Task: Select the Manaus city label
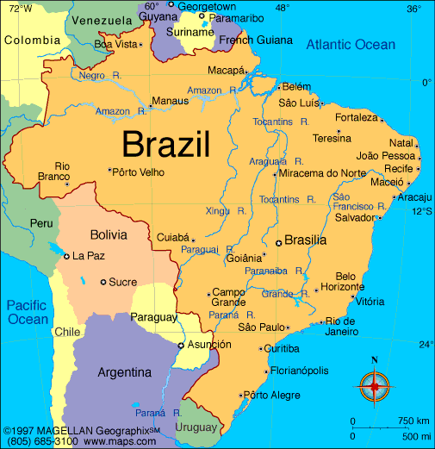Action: [x=170, y=102]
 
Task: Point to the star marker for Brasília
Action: [x=278, y=243]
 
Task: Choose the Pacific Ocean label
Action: [x=28, y=312]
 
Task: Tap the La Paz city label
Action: [x=89, y=256]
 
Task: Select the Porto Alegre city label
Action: [x=271, y=396]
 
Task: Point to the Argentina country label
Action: [x=125, y=372]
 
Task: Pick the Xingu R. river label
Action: [x=227, y=210]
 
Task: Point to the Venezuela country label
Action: [x=96, y=20]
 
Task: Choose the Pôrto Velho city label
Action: [x=140, y=171]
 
